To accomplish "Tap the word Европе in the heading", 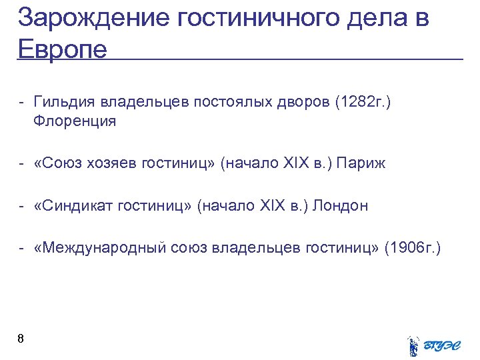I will (63, 49).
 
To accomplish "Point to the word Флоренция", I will (74, 121).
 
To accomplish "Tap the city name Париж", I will (361, 163).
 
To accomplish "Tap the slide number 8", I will (21, 339).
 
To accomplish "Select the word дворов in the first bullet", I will (302, 103).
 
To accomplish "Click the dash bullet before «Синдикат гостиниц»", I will (22, 206).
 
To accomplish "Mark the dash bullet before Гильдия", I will (22, 103).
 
